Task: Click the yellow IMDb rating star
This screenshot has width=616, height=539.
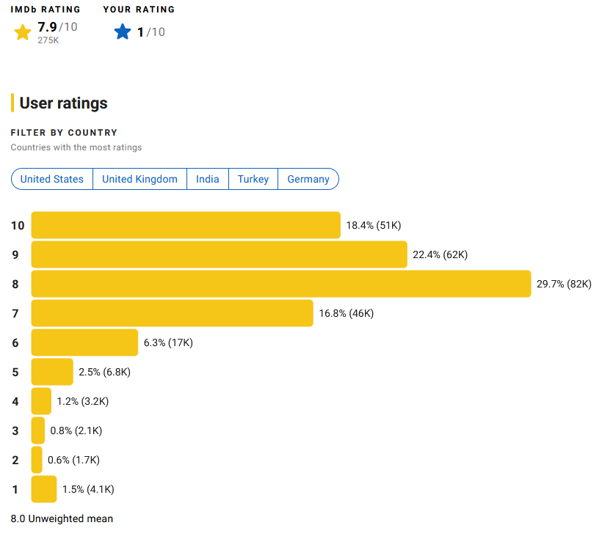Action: [23, 32]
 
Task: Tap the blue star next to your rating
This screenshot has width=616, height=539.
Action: [123, 32]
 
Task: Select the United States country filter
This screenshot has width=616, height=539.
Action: [52, 179]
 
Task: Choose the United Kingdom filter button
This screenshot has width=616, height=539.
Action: [139, 179]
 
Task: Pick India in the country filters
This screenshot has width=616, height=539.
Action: [208, 179]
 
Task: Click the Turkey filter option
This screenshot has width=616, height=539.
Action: [253, 179]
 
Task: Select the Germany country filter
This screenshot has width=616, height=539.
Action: [308, 179]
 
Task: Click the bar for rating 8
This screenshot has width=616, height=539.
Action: [281, 284]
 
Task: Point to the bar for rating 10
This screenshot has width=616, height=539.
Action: [186, 225]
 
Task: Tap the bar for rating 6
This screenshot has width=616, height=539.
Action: [85, 342]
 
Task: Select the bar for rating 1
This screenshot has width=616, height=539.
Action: [44, 489]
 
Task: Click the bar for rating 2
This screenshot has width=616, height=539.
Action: [37, 460]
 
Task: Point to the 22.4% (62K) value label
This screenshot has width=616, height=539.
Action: [440, 254]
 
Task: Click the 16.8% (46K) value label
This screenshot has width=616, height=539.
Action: [346, 313]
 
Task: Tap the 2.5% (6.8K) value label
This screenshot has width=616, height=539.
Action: [104, 372]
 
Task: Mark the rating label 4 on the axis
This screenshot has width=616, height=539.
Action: [15, 401]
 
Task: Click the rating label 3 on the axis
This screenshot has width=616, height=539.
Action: [15, 430]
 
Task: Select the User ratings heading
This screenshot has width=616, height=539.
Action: [63, 103]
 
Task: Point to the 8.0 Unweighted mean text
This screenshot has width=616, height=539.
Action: [62, 518]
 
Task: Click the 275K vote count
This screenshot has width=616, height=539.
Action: [48, 40]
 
